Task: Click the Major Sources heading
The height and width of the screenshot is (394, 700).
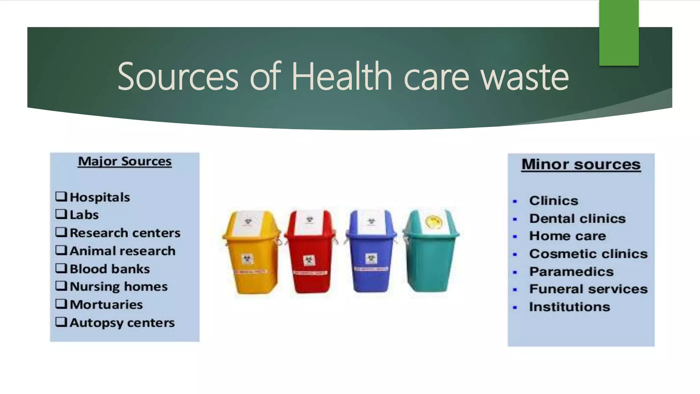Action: click(125, 161)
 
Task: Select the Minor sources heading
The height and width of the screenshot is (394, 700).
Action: click(581, 165)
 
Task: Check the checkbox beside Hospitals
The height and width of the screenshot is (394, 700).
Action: click(61, 196)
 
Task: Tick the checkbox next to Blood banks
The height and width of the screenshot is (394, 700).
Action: click(61, 268)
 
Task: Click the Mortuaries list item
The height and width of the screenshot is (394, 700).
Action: click(106, 304)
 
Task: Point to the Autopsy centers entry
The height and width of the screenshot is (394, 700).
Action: click(122, 323)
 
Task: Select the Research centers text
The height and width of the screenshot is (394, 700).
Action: click(125, 233)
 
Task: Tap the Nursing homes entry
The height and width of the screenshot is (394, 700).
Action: click(119, 286)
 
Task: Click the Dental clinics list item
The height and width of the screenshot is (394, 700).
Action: click(577, 219)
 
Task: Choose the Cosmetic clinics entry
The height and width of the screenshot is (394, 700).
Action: click(588, 254)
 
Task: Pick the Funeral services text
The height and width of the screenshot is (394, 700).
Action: click(588, 289)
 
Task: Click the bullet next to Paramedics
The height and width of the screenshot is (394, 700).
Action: click(515, 272)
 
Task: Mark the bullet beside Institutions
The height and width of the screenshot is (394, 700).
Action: click(515, 307)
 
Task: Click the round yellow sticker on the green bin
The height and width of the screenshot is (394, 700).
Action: click(433, 222)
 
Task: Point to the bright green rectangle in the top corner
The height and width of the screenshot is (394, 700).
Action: click(619, 33)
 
